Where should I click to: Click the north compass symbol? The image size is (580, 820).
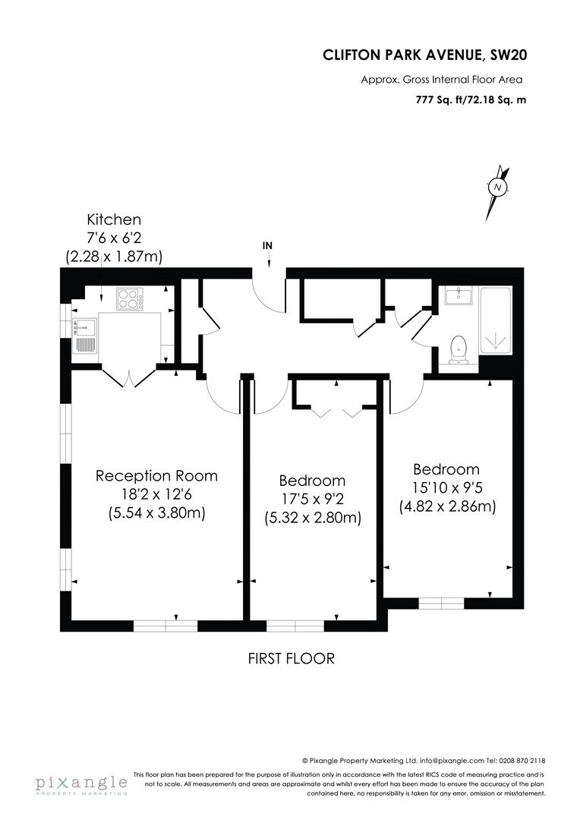tap(498, 186)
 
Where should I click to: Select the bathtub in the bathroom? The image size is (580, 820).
tap(497, 320)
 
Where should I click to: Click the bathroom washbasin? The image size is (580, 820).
tap(459, 296)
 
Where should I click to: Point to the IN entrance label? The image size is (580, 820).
tap(267, 245)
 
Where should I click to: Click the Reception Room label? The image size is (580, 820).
tap(156, 476)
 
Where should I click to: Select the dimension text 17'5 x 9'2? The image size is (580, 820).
tap(312, 500)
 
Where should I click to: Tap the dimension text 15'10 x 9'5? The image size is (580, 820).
tap(446, 488)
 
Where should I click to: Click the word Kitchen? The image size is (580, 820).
tap(114, 219)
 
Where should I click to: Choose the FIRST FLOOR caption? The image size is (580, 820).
tap(291, 658)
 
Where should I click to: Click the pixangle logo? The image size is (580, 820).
tap(80, 784)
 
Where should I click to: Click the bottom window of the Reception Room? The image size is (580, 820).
tap(165, 626)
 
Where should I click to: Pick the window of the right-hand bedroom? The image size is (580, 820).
tap(441, 604)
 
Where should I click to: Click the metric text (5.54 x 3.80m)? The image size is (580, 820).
tap(156, 514)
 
